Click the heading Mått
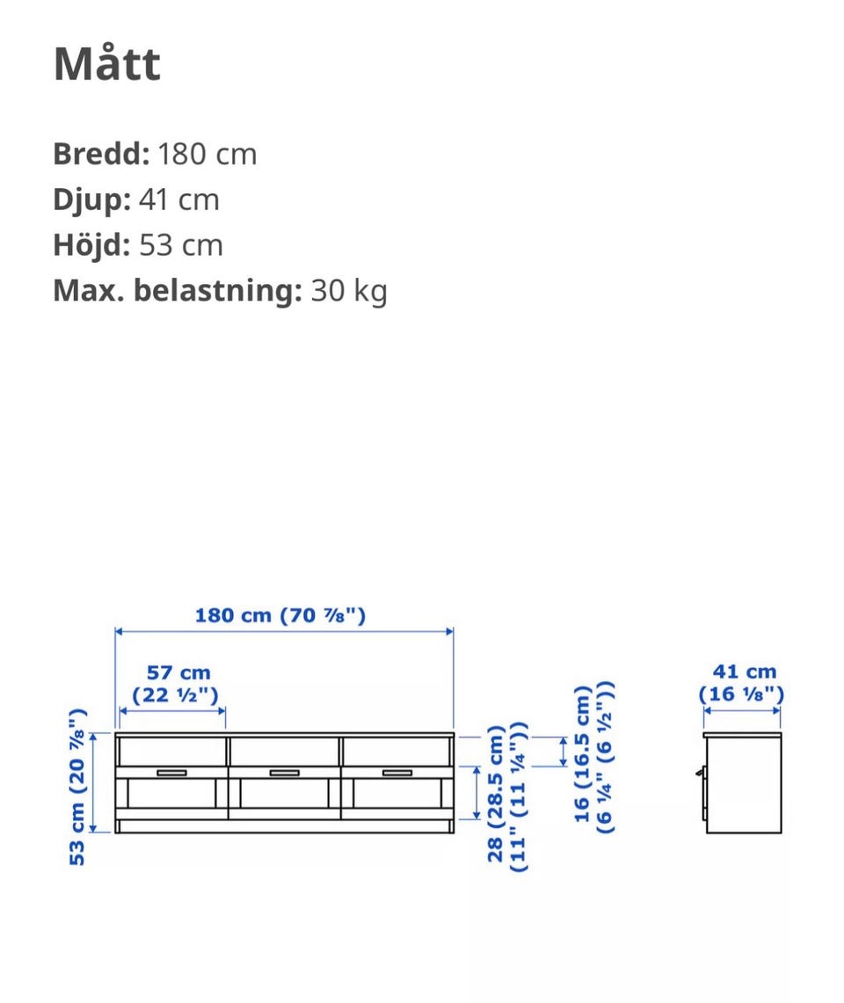[x=107, y=63]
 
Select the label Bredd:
[x=101, y=154]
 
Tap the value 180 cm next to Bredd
[x=207, y=154]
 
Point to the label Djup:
[x=92, y=200]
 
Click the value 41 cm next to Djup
[x=179, y=200]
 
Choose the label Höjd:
[x=92, y=245]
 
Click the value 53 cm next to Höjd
[x=181, y=245]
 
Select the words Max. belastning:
[x=178, y=290]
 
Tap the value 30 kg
[x=349, y=291]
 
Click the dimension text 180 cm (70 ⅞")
[x=280, y=615]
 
